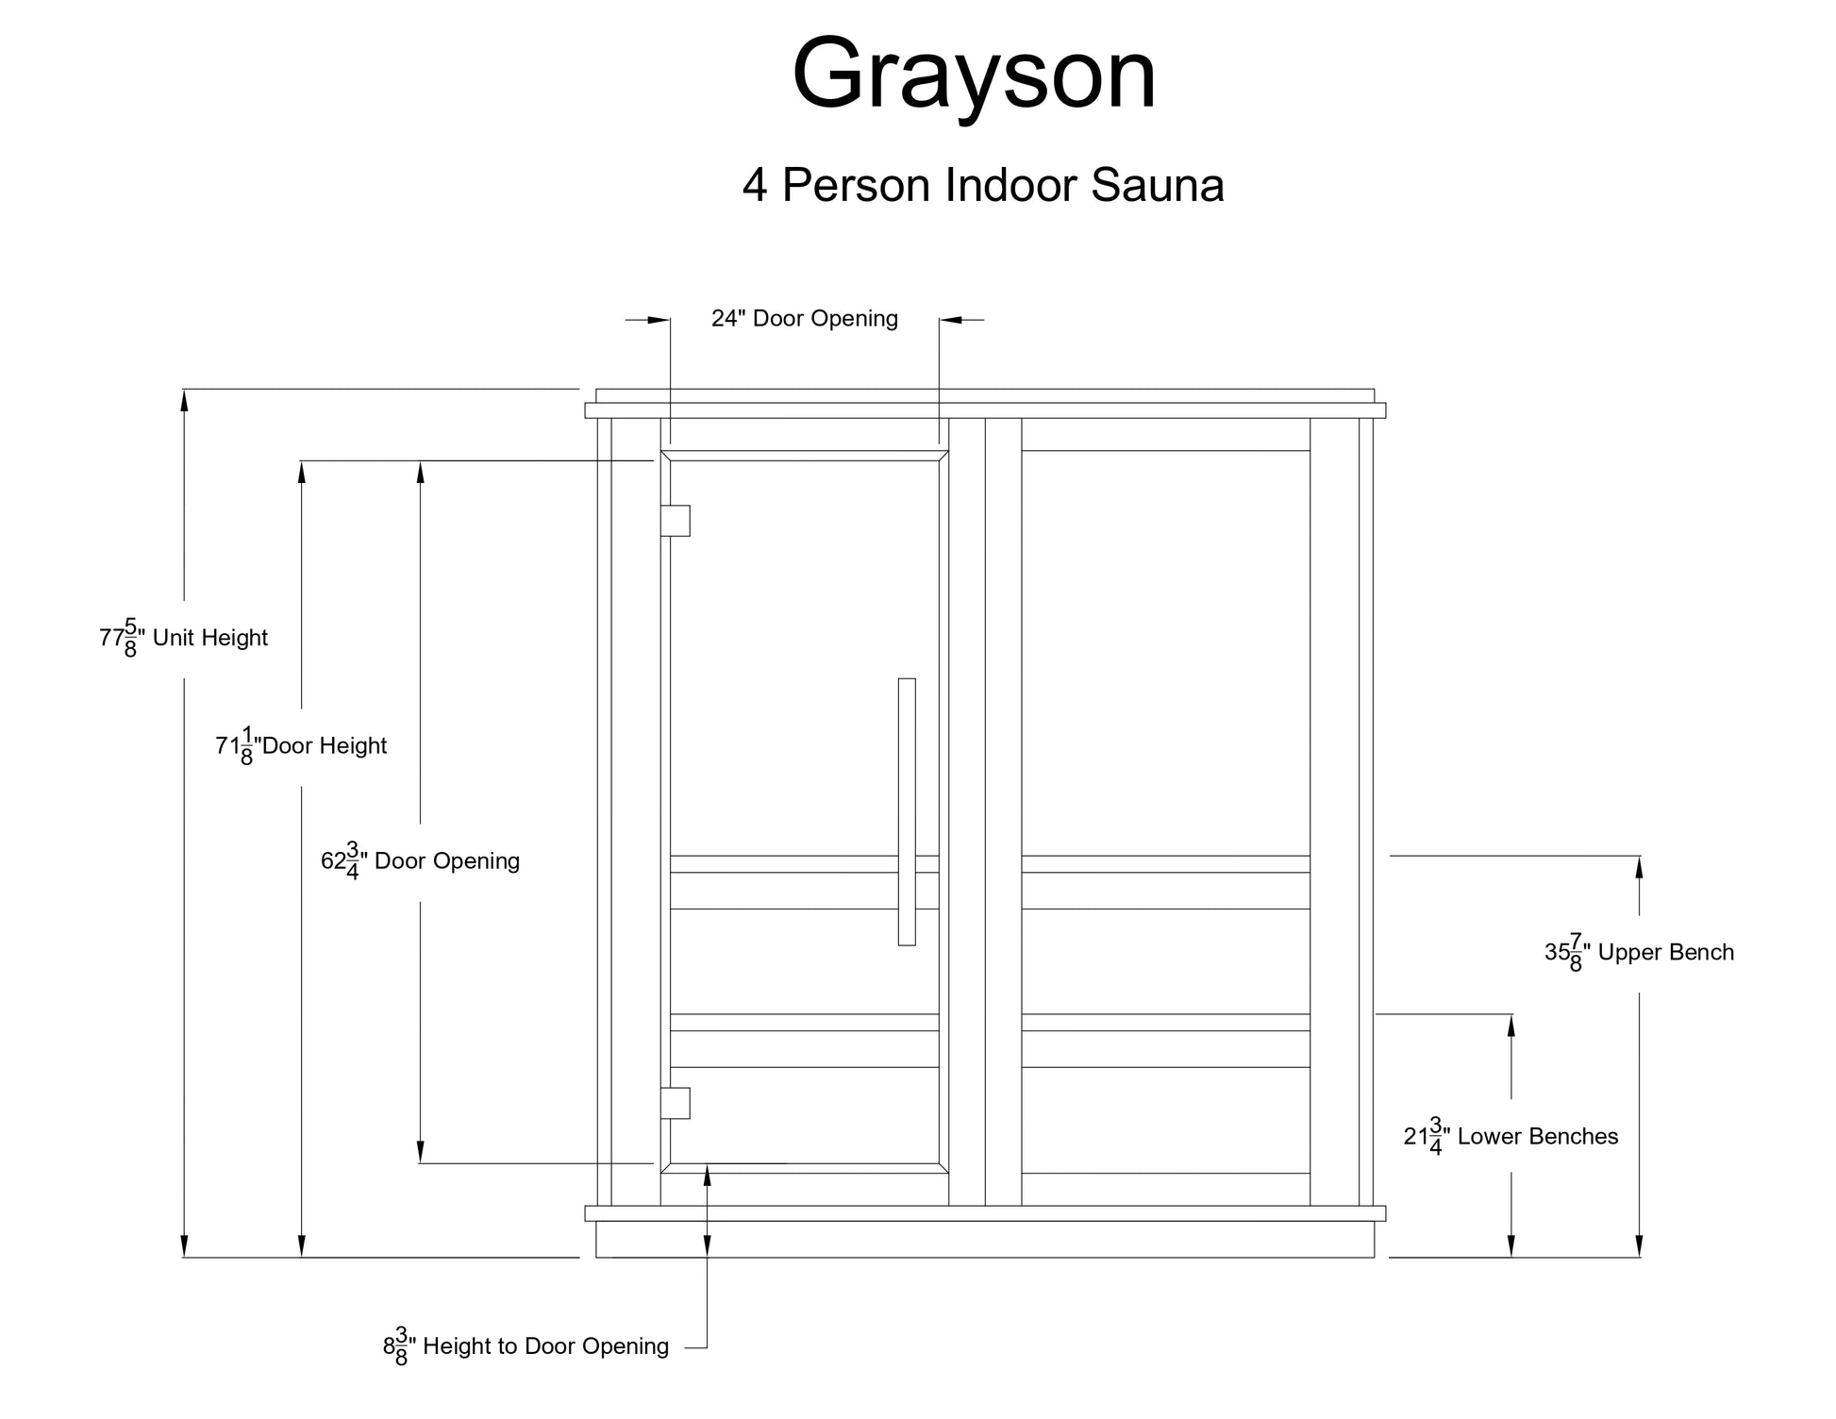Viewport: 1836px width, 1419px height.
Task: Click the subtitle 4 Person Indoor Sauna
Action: coord(983,185)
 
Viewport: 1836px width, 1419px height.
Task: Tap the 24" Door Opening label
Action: coord(804,319)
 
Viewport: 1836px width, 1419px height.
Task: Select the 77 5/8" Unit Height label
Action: coord(184,638)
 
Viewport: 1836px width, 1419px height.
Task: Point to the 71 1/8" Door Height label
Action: coord(301,746)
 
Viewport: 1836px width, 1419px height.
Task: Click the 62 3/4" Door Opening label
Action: coord(421,860)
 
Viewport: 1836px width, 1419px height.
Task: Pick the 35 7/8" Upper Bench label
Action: coord(1639,953)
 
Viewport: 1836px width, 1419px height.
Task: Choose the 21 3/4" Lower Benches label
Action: coord(1511,1137)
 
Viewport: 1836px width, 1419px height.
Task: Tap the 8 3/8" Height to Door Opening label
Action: coord(526,1347)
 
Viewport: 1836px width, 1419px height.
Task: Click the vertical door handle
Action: coord(907,811)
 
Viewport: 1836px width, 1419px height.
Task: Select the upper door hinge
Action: coord(676,521)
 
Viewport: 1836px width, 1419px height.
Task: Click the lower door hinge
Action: coord(676,1103)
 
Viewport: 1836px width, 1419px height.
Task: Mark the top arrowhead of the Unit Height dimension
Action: coord(184,400)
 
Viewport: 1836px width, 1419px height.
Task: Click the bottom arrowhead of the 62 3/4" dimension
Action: coord(421,1152)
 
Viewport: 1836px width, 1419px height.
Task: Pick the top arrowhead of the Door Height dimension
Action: coord(301,472)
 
